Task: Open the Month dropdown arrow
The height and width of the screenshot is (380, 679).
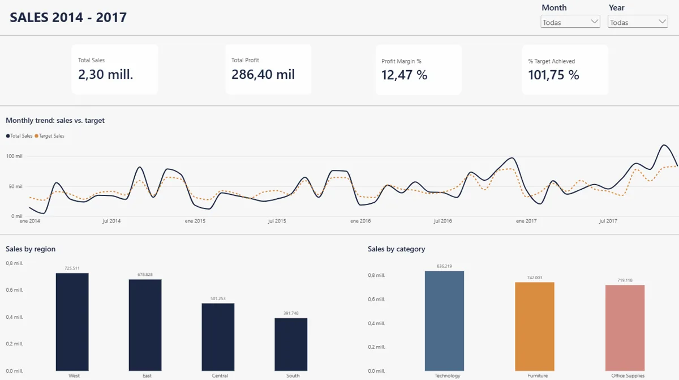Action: [594, 22]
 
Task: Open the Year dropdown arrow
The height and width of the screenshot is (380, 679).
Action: [662, 22]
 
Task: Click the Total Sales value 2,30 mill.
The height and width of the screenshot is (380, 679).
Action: [105, 74]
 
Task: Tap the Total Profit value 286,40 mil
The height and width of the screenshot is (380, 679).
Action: [263, 74]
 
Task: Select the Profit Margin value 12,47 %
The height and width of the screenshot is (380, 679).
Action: [405, 75]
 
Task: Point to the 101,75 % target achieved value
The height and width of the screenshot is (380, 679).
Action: [553, 75]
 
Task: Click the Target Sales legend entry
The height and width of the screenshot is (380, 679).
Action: [49, 136]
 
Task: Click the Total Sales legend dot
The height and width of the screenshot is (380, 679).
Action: [8, 136]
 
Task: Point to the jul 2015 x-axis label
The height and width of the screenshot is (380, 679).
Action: [277, 221]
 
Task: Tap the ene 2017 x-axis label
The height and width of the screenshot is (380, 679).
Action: [526, 221]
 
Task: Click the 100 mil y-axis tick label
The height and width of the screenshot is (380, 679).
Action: [14, 156]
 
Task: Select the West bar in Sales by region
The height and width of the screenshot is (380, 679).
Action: [72, 322]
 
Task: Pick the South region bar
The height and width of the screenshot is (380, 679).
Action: [291, 344]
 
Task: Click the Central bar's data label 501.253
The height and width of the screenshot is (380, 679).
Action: [218, 298]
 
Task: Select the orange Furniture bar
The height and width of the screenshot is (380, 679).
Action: [535, 327]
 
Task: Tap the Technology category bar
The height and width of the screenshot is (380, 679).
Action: [444, 321]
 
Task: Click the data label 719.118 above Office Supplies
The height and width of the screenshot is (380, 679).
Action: [625, 280]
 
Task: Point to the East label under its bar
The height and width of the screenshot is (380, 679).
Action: [147, 376]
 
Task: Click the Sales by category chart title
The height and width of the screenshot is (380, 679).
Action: [397, 249]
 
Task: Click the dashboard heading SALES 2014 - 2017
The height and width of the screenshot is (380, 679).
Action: [68, 18]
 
